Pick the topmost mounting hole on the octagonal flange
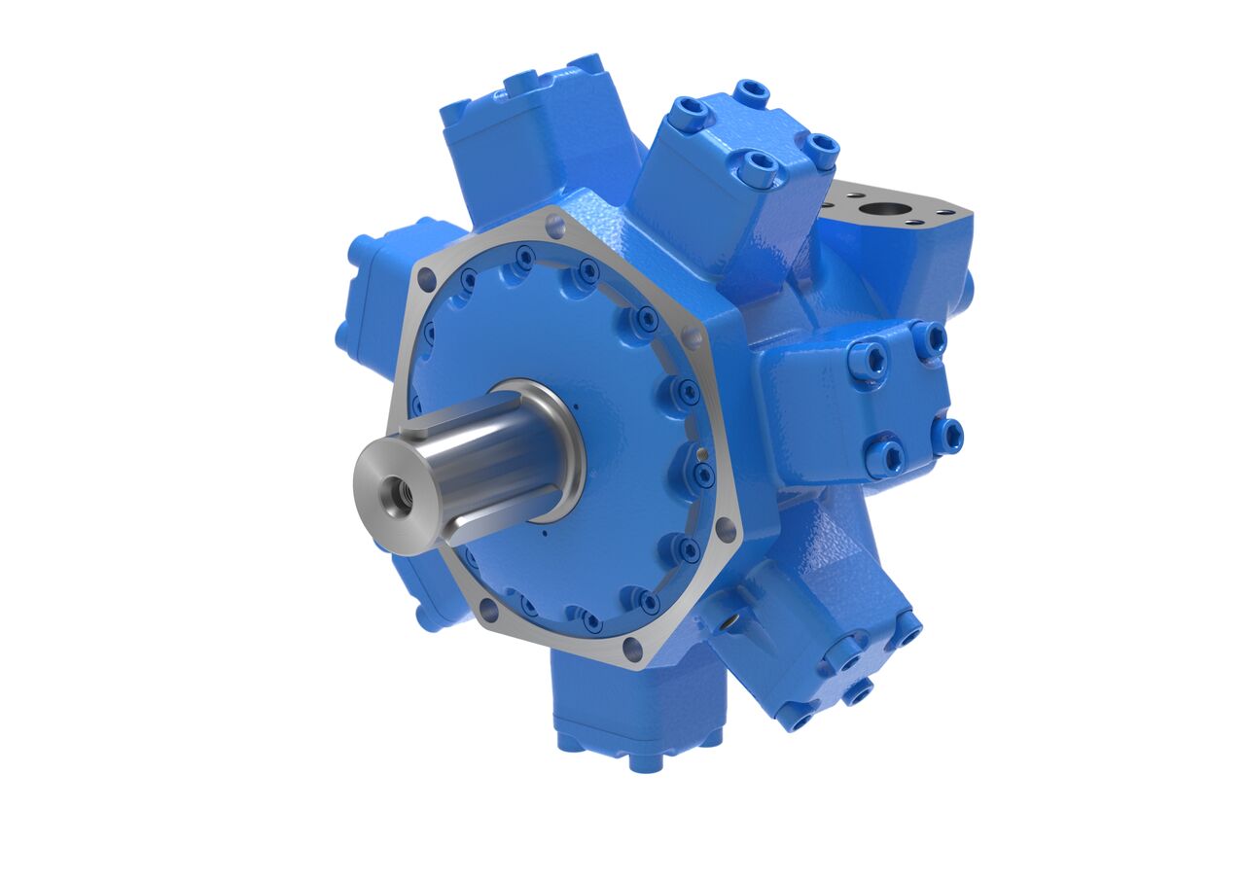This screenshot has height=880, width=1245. coord(555,228)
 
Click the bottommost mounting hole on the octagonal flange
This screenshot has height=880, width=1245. coord(632,649)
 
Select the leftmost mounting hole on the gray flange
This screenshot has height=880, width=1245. coord(426,279)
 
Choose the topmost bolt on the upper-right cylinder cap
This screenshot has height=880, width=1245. coord(751,93)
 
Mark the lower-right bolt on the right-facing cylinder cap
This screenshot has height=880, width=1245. coord(946,436)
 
